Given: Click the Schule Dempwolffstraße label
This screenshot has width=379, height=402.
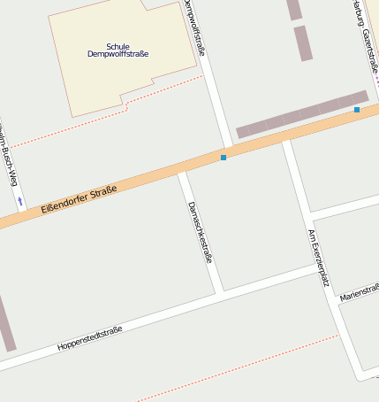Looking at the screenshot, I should [117, 50].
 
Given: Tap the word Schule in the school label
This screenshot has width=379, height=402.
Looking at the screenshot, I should [117, 46].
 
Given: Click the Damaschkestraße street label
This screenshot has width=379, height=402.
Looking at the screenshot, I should [201, 232].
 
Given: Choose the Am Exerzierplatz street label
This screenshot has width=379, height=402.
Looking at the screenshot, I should [318, 258].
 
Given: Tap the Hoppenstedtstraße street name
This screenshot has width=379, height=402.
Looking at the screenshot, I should [89, 336].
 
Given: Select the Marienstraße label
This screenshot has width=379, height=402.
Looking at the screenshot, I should [360, 292].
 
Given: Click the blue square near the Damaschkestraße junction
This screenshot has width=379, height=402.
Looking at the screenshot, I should [224, 158].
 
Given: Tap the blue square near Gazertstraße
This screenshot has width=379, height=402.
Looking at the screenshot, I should [357, 110].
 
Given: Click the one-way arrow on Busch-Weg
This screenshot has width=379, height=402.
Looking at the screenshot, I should [19, 202].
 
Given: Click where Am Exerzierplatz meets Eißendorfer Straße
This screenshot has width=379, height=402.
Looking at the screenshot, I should [286, 139].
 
